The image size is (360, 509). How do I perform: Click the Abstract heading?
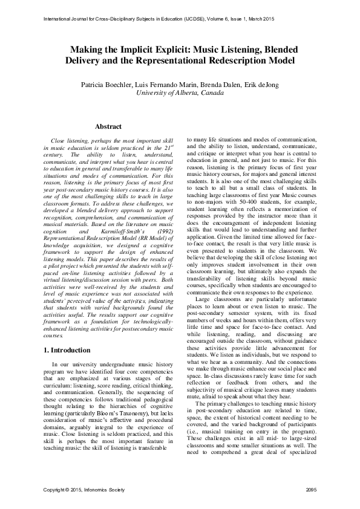click(x=108, y=127)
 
